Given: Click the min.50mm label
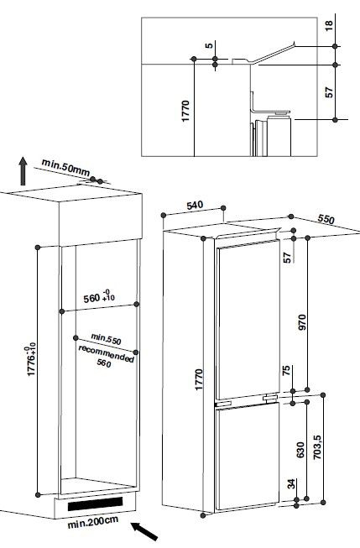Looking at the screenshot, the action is [x=65, y=167].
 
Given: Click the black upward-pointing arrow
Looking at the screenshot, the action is [x=23, y=171].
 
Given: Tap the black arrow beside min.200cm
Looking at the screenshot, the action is [x=144, y=531].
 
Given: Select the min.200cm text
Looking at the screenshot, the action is [x=92, y=522].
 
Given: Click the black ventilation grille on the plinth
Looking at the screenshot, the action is [x=95, y=504].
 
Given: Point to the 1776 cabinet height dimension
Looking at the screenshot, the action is [x=31, y=359].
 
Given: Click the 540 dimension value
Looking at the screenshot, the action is [x=195, y=205].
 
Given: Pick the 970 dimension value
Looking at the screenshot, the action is [x=302, y=322].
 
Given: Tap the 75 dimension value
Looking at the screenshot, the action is [x=286, y=371].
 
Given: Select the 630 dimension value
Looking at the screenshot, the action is [x=300, y=450].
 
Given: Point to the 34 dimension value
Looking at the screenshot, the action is [x=291, y=484].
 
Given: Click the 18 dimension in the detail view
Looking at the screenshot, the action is [x=329, y=25].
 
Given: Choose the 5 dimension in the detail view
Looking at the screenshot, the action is [x=209, y=45].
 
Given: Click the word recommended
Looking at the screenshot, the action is [x=107, y=353].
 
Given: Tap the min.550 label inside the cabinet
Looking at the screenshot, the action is [x=107, y=339].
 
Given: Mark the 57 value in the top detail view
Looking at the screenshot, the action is [x=329, y=92].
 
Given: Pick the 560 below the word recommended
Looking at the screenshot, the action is [x=104, y=363].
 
